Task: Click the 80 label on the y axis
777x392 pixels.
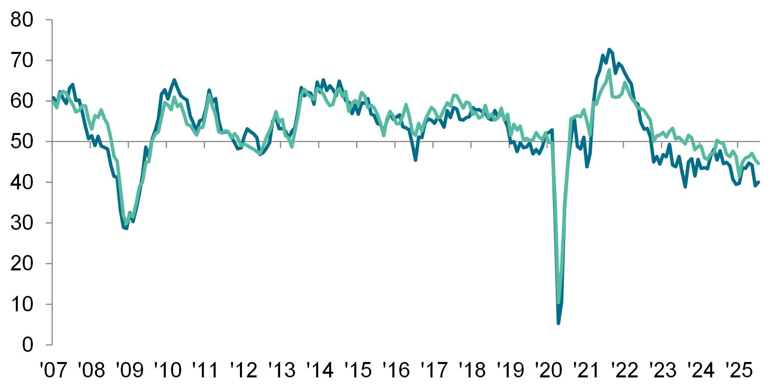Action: (x=21, y=19)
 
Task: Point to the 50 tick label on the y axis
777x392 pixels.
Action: (x=21, y=141)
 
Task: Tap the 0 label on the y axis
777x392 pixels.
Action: (x=27, y=345)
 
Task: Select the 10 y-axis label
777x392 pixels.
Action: (x=21, y=304)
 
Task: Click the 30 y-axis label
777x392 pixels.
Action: (x=21, y=223)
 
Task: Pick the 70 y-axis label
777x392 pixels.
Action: (x=21, y=60)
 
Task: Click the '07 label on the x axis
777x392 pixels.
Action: (x=53, y=370)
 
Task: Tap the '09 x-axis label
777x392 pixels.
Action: (x=129, y=370)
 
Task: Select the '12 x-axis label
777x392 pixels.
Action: (x=243, y=370)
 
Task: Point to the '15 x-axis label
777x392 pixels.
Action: (x=357, y=370)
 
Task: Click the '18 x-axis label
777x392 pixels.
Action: (x=472, y=370)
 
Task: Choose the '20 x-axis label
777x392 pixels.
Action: (x=548, y=370)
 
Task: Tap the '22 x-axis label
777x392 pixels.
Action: (x=624, y=370)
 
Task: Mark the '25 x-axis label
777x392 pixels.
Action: (x=738, y=370)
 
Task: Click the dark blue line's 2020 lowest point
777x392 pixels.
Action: (x=559, y=323)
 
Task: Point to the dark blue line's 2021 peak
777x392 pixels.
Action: (x=609, y=49)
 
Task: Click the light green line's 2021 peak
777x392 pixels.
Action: (x=609, y=70)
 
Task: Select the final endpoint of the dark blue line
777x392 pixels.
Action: (x=759, y=182)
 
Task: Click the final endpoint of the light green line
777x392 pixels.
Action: (x=759, y=163)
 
